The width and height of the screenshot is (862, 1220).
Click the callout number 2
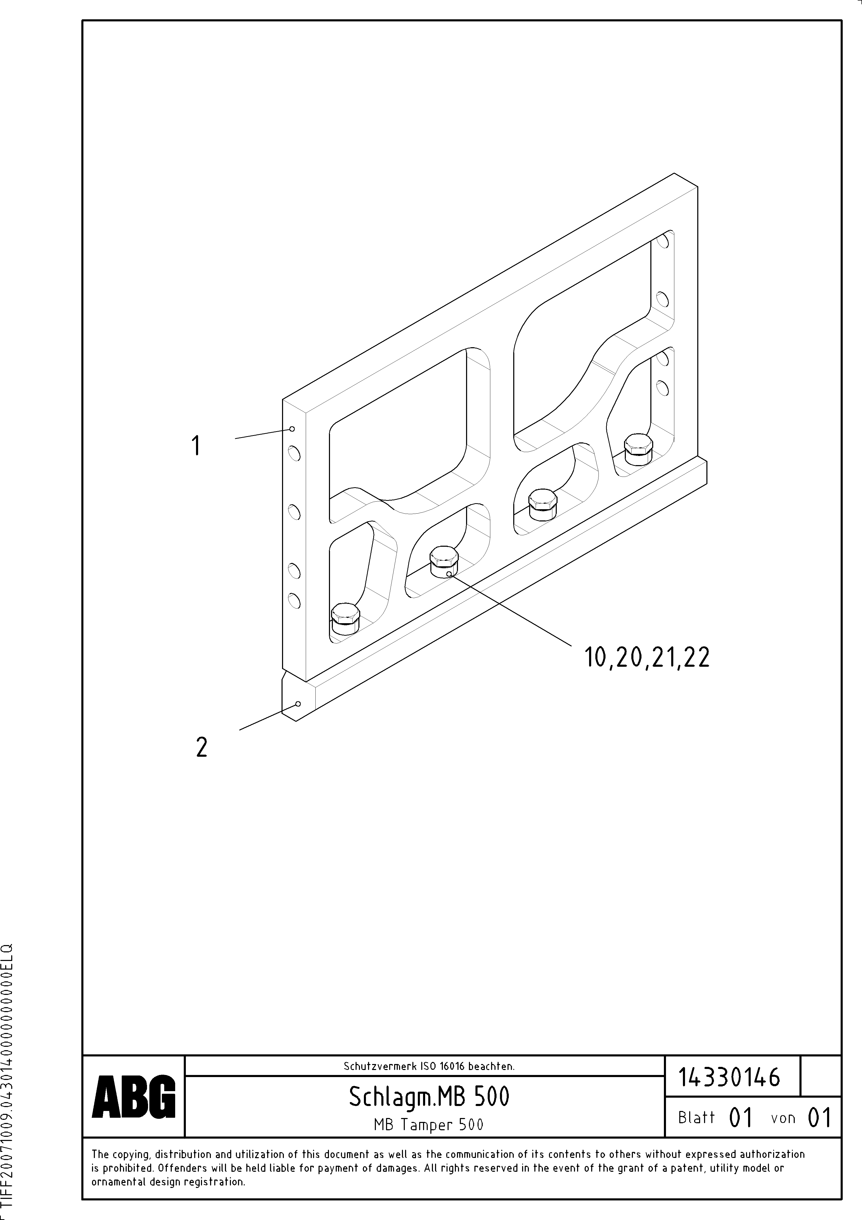[x=201, y=748]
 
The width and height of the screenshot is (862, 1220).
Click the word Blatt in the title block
[x=696, y=1117]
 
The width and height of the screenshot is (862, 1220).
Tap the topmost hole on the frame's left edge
[x=294, y=453]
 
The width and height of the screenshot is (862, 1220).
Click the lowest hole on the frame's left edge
[x=294, y=601]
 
